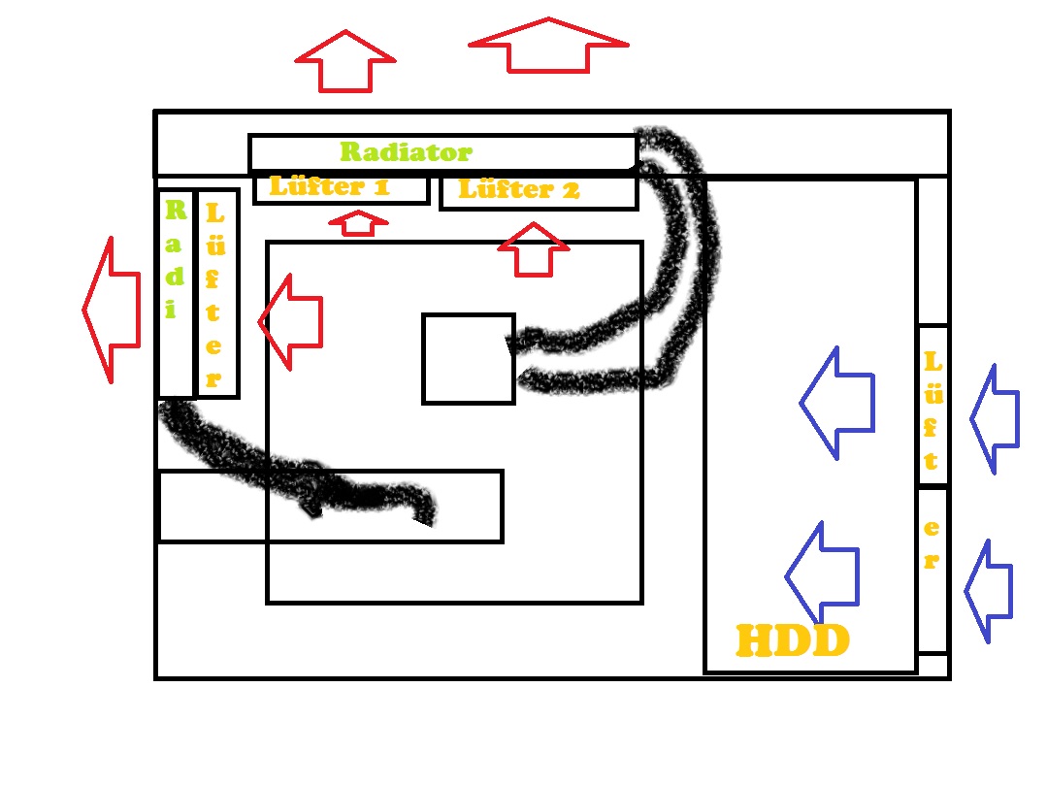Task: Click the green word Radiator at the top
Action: (x=406, y=152)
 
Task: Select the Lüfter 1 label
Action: (x=329, y=186)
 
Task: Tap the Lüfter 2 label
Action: (x=518, y=189)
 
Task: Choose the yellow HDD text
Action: (x=793, y=641)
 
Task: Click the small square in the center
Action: (x=469, y=358)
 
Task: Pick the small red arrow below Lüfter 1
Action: (x=358, y=223)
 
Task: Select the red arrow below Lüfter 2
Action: (x=532, y=250)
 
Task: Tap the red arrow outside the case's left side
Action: (x=108, y=310)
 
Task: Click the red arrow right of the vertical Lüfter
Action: (x=290, y=321)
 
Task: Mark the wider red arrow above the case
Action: (x=548, y=46)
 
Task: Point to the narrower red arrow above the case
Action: (x=345, y=61)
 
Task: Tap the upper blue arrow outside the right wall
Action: (x=995, y=418)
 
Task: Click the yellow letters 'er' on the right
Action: (x=931, y=544)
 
